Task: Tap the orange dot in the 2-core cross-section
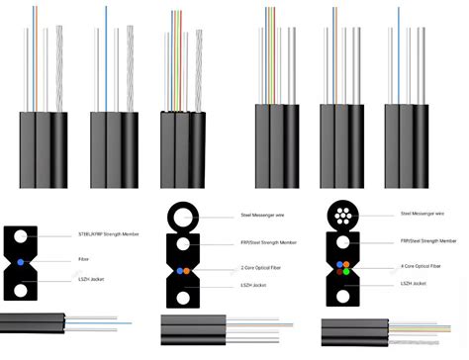pyautogui.click(x=177, y=270)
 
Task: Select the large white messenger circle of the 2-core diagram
pyautogui.click(x=182, y=216)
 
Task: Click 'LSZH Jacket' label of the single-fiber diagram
pyautogui.click(x=96, y=283)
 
